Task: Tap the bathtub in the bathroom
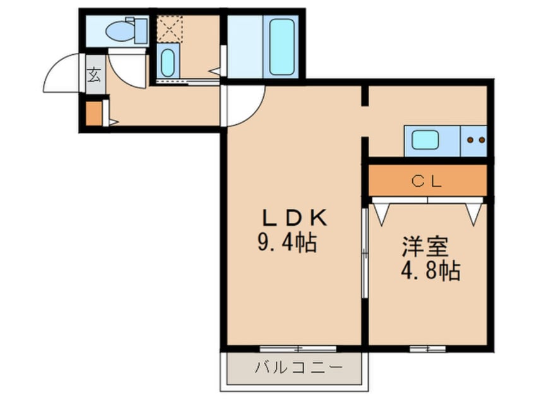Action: (x=282, y=47)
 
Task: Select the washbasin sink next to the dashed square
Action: (x=167, y=63)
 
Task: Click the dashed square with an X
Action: (x=170, y=28)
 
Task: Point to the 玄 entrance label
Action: (x=94, y=74)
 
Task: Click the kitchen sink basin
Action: (x=425, y=140)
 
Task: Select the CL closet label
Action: (x=427, y=181)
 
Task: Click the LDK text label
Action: (x=294, y=218)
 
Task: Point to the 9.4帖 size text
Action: (x=287, y=242)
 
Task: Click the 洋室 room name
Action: (x=425, y=247)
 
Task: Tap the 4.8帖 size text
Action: (x=430, y=271)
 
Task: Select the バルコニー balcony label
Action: (x=299, y=368)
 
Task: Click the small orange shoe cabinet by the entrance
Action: (x=93, y=114)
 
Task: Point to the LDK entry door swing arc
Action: (x=255, y=112)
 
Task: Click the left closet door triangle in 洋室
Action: (x=381, y=213)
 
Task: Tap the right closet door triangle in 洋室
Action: (x=474, y=213)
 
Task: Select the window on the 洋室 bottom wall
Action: (x=428, y=349)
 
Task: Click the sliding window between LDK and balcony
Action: (x=298, y=349)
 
